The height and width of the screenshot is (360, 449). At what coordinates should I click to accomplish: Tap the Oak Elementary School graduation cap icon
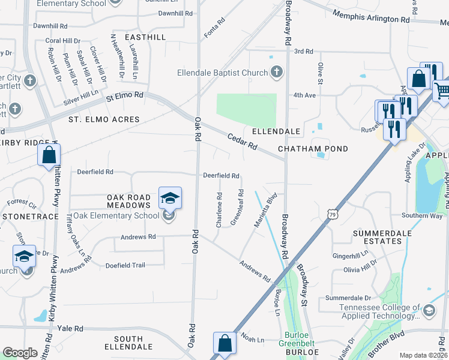[x=170, y=198]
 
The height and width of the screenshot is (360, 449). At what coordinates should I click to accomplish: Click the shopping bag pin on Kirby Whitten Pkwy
[x=49, y=156]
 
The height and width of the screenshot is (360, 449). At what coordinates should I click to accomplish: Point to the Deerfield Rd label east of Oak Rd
[x=221, y=176]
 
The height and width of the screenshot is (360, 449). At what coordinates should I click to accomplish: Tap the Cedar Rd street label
[x=242, y=142]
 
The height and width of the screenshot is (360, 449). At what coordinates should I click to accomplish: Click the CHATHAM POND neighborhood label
[x=313, y=148]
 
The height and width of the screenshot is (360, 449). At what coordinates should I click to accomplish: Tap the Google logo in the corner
[x=20, y=352]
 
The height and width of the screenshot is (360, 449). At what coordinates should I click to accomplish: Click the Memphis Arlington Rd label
[x=370, y=17]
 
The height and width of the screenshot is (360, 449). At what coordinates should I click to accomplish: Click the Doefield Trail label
[x=125, y=265]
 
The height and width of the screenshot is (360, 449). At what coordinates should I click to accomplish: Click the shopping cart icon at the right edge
[x=442, y=91]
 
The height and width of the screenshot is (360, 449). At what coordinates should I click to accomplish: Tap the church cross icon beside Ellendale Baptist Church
[x=276, y=73]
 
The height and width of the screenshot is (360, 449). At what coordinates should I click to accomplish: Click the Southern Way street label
[x=422, y=215]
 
